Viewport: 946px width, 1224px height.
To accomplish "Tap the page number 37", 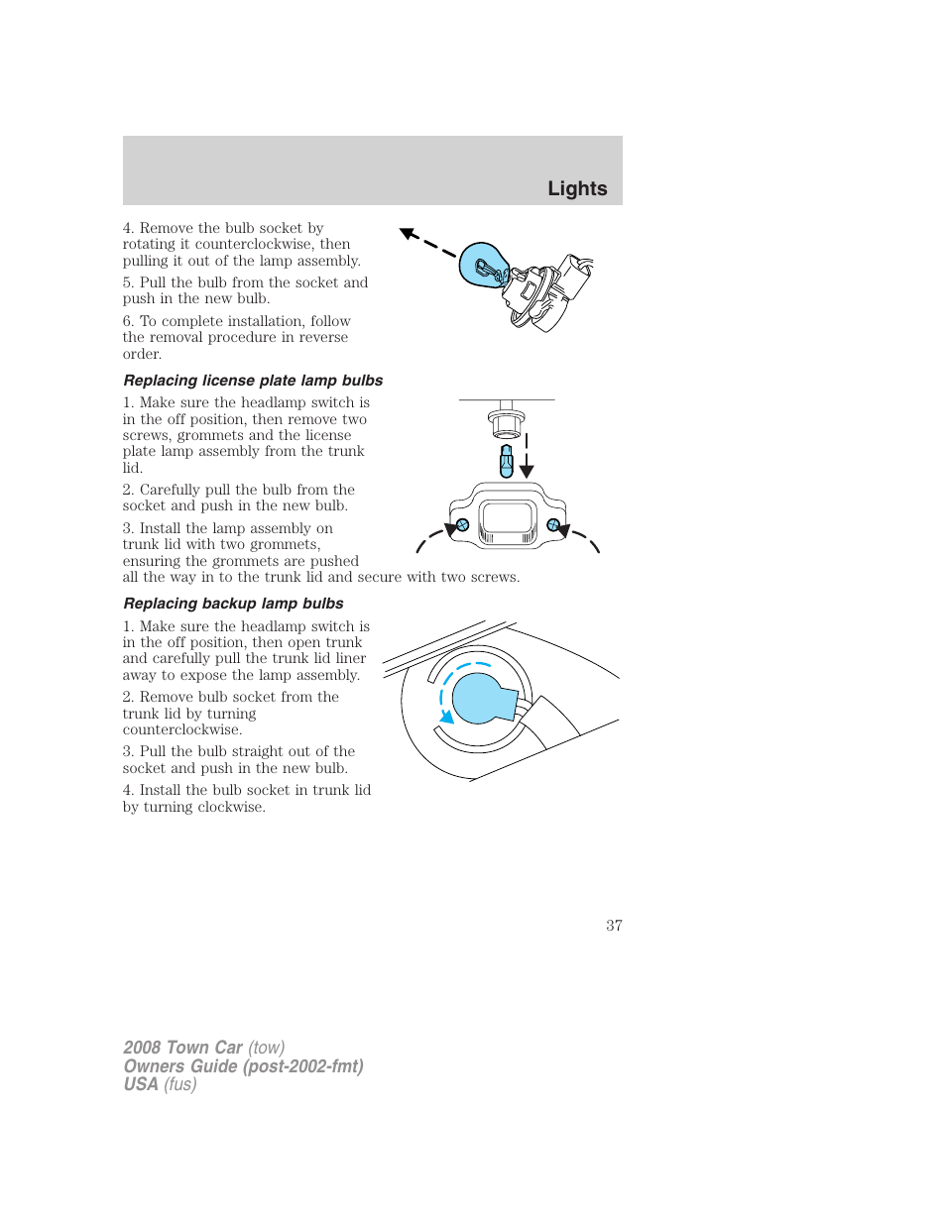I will pyautogui.click(x=614, y=925).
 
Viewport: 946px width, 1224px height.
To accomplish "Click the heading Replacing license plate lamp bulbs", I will pyautogui.click(x=253, y=381).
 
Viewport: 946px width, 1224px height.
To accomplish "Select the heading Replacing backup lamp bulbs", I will pyautogui.click(x=233, y=604).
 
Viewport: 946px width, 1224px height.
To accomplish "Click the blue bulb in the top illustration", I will pyautogui.click(x=483, y=265).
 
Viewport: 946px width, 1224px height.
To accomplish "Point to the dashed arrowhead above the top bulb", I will pyautogui.click(x=408, y=234).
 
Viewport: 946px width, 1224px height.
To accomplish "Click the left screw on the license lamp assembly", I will pyautogui.click(x=462, y=525).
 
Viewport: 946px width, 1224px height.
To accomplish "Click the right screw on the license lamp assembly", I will pyautogui.click(x=553, y=524).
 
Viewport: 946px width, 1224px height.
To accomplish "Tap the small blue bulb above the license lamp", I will pyautogui.click(x=507, y=461).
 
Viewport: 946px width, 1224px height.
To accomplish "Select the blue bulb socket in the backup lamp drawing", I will pyautogui.click(x=481, y=698).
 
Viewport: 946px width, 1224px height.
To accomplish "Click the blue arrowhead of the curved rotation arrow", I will pyautogui.click(x=447, y=717).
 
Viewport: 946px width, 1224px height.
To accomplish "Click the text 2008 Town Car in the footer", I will pyautogui.click(x=182, y=1048).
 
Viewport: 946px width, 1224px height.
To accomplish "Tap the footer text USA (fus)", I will pyautogui.click(x=160, y=1084).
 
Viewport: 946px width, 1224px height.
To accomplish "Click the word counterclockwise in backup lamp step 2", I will pyautogui.click(x=181, y=729).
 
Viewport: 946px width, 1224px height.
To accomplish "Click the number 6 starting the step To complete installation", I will pyautogui.click(x=128, y=321).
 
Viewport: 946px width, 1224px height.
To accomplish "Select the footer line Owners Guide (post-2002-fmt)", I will pyautogui.click(x=243, y=1066).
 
